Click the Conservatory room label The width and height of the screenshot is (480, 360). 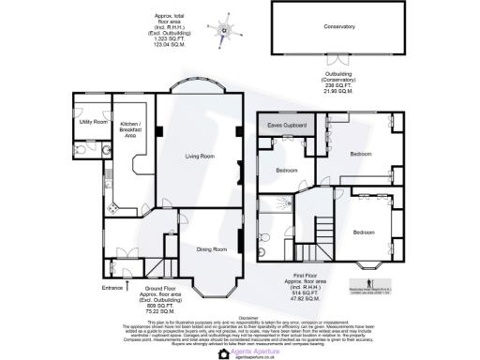point(338,27)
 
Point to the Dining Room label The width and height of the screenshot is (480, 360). point(211,249)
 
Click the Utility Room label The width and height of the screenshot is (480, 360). point(93,122)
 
